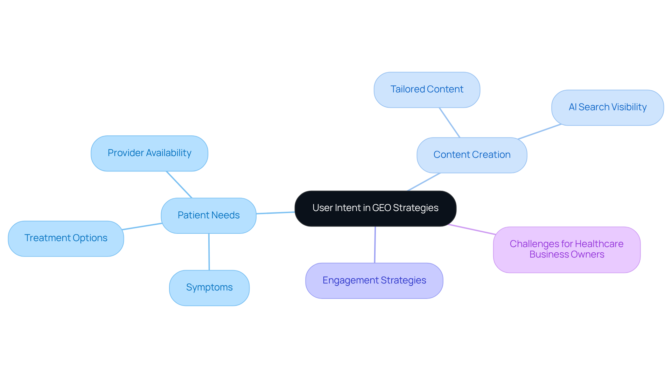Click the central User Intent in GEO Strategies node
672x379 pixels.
click(375, 208)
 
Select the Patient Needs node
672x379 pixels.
click(209, 216)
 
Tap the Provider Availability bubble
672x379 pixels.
click(149, 153)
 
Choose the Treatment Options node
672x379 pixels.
click(66, 238)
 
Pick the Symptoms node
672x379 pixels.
click(209, 288)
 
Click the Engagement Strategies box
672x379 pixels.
click(374, 281)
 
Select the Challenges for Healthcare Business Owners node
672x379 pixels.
click(567, 250)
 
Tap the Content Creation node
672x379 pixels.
click(472, 155)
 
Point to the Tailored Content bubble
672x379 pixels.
click(427, 90)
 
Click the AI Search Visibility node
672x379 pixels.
click(607, 107)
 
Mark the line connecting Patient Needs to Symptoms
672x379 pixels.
click(209, 252)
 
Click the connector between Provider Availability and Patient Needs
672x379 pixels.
click(179, 185)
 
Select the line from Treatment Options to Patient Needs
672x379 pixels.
click(142, 226)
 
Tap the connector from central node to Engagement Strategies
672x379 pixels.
click(375, 245)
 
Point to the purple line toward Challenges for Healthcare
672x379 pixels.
click(471, 229)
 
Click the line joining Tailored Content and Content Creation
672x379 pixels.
click(450, 122)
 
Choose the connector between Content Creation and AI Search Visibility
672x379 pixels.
click(540, 132)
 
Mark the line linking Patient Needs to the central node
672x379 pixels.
click(275, 213)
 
